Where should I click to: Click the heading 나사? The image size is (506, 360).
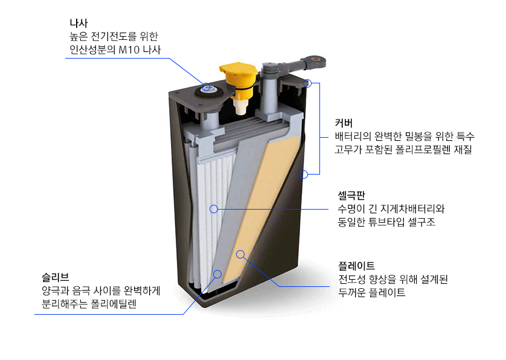click(x=78, y=23)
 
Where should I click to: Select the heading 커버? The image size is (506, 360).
click(x=344, y=123)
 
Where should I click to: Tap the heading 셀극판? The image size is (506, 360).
click(x=351, y=195)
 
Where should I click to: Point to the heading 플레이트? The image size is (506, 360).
click(x=356, y=266)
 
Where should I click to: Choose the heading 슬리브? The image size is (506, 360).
click(x=55, y=277)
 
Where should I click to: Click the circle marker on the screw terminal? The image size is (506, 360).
click(x=207, y=87)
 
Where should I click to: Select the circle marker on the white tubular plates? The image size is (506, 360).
click(x=214, y=209)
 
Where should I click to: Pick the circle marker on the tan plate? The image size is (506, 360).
click(x=240, y=254)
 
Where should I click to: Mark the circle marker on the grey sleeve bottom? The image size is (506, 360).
click(x=217, y=274)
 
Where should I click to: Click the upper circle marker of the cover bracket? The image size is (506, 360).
click(x=307, y=83)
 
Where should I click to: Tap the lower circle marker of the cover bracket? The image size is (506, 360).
click(x=304, y=175)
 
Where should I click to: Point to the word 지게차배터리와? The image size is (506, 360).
click(x=412, y=208)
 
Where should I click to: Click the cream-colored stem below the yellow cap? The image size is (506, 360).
click(x=241, y=107)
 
